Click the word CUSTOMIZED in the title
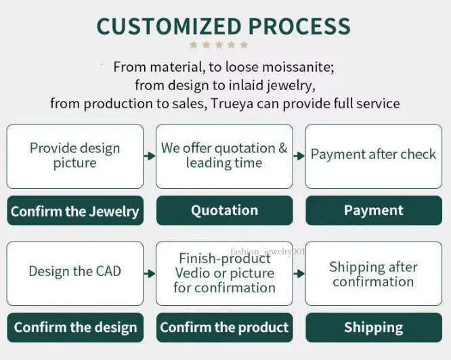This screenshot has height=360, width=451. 169,26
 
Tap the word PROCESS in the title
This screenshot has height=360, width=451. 299,26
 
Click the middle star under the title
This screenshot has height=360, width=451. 219,45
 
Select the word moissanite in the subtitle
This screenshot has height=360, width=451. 298,67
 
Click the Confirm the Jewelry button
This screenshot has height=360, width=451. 75,210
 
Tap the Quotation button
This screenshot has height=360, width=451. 224,210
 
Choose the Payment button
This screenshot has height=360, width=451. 374,210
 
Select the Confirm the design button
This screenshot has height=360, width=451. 75,328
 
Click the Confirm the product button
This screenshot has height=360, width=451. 224,328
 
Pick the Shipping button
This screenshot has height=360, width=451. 374,328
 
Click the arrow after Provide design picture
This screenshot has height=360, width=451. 150,156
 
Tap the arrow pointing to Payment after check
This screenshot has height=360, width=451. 299,156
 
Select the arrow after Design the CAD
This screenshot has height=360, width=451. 150,273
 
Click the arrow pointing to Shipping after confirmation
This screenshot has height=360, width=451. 299,273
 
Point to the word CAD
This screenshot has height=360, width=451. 108,271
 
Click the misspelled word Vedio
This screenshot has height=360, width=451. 192,273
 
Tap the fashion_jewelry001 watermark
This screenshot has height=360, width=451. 267,252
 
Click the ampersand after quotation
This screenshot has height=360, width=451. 283,148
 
